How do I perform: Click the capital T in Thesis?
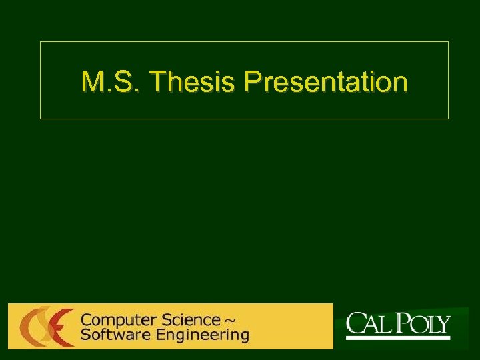158,82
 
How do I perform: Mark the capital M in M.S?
91,82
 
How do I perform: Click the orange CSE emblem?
46,326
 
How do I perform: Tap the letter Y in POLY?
443,326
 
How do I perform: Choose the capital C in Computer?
86,320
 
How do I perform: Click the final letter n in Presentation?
401,83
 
